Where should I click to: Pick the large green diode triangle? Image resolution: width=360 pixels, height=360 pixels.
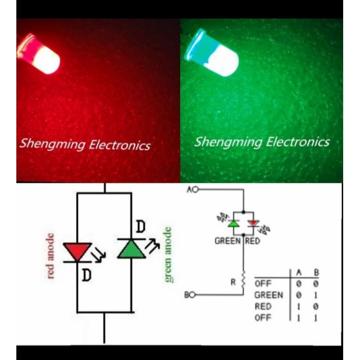131,249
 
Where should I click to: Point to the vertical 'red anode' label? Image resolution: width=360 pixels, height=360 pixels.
51,256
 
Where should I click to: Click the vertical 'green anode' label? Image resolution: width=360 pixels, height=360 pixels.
168,255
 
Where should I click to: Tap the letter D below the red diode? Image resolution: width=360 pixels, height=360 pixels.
86,275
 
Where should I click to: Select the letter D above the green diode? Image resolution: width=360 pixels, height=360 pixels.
141,228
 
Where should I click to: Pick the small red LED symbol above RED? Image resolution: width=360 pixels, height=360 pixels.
254,224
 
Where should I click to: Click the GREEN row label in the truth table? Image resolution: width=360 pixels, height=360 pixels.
269,295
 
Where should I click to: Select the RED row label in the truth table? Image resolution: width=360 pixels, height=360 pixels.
263,307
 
